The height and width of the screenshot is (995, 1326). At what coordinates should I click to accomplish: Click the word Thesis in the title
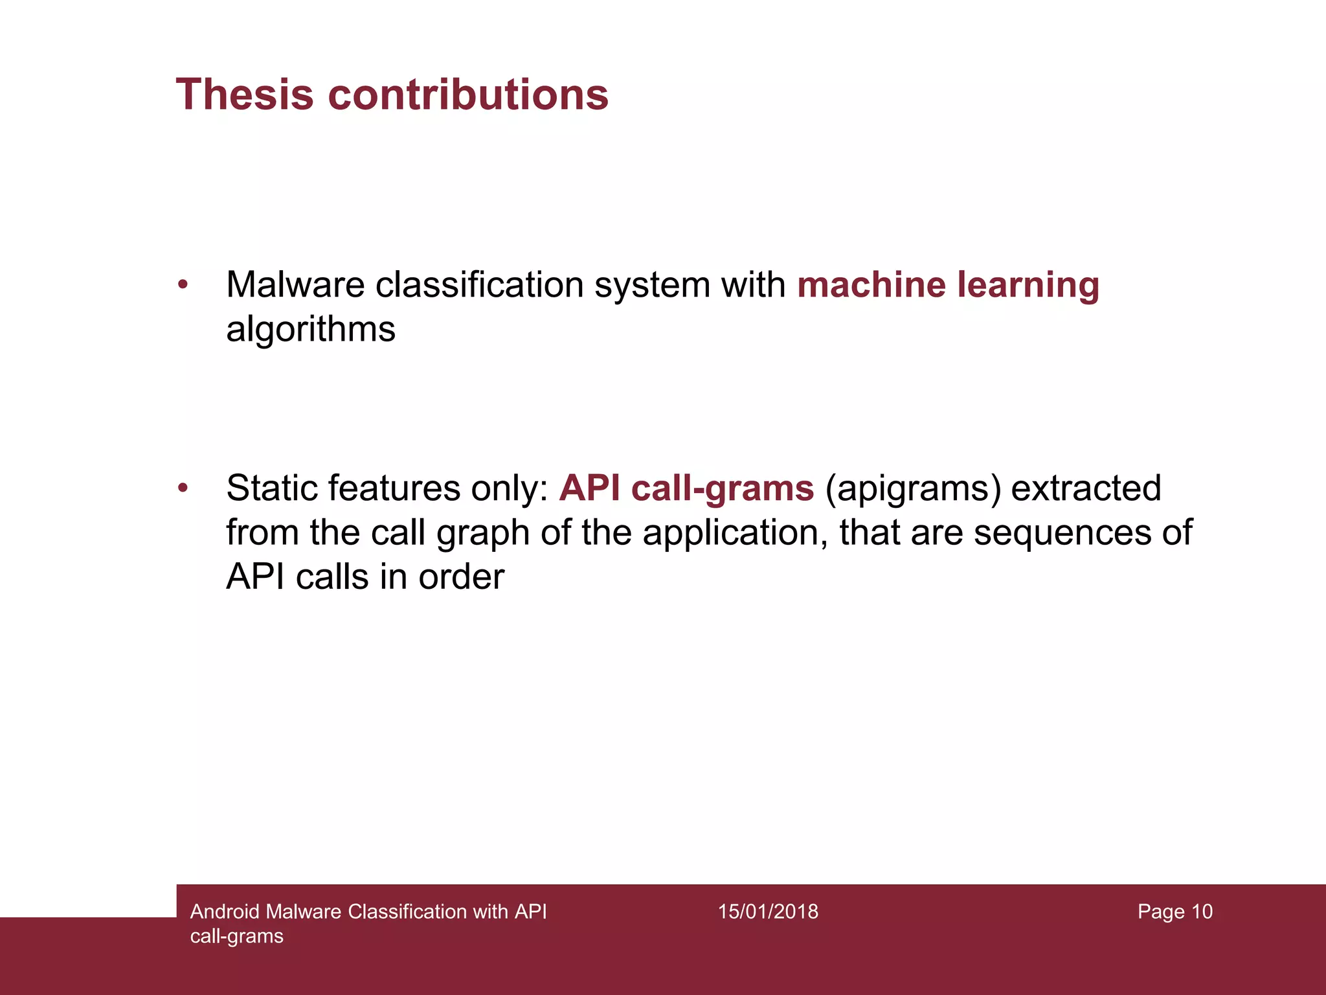click(x=245, y=95)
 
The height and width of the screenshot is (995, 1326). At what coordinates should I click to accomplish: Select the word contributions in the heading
click(x=468, y=95)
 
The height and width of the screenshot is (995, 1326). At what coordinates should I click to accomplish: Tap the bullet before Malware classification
click(x=183, y=284)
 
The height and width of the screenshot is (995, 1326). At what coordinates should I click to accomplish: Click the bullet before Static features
click(x=183, y=488)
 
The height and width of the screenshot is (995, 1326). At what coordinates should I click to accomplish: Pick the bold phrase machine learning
click(x=948, y=285)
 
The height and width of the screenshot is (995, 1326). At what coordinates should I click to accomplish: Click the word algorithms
click(x=310, y=329)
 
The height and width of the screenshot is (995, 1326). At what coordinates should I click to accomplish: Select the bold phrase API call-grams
click(x=686, y=488)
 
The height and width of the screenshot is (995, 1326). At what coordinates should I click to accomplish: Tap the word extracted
click(x=1086, y=488)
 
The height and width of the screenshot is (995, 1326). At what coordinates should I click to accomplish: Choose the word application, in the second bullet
click(x=735, y=533)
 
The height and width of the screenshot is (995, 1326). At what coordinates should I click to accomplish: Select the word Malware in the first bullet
click(x=295, y=285)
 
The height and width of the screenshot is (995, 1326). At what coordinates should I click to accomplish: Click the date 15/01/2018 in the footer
click(x=768, y=911)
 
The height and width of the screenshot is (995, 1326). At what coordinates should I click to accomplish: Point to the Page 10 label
click(x=1174, y=911)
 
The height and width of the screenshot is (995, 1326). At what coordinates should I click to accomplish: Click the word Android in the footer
click(x=224, y=911)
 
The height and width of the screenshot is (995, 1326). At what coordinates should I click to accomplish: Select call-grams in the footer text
click(x=237, y=936)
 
